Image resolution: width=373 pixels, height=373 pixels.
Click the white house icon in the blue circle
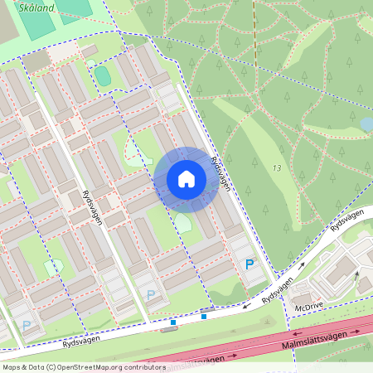coord(186,179)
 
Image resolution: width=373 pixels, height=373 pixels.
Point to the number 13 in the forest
coord(276,167)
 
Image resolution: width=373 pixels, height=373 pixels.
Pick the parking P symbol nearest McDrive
coord(249,264)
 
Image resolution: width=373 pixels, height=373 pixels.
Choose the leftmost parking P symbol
coord(27,326)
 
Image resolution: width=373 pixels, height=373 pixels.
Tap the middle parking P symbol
coord(150,294)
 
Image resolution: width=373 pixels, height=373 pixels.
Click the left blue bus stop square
coord(172,322)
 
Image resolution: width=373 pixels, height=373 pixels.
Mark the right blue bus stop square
coord(204,316)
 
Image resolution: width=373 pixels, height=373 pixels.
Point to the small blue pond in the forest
coord(366,124)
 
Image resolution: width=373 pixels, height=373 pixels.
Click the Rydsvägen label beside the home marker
coord(220,173)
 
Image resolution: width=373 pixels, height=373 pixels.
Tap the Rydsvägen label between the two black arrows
coord(278,291)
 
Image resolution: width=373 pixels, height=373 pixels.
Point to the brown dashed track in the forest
coord(254,33)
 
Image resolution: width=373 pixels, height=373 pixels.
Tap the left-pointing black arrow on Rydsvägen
coord(247,307)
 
